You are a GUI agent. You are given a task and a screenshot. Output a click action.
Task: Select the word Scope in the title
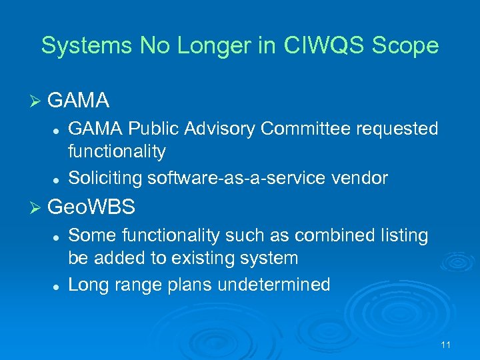(410, 45)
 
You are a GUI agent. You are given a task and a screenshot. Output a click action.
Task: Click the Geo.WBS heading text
(92, 207)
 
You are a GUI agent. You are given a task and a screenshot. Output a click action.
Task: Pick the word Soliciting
(105, 178)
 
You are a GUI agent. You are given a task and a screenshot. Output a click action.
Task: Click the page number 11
(446, 345)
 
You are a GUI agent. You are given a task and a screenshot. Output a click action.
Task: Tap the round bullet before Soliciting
(58, 179)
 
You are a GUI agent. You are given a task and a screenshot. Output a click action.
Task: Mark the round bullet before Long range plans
(58, 285)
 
